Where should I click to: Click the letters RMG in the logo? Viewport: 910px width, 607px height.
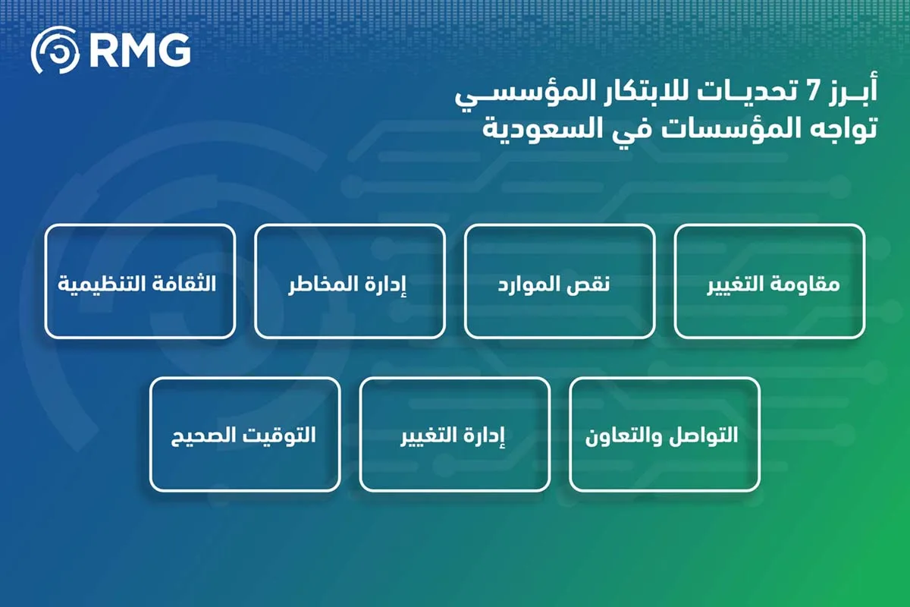140,51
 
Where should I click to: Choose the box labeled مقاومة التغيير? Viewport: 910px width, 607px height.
769,281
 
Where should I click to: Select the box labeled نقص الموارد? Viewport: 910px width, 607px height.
560,281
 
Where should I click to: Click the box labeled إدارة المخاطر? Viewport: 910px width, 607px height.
350,281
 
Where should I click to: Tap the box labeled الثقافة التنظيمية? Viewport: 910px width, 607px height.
140,281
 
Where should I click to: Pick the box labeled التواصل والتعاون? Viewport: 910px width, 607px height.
664,435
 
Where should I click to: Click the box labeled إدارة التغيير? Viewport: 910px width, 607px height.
454,435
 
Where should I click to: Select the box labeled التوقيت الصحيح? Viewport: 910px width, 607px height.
245,435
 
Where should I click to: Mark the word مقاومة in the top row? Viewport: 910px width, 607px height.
810,286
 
